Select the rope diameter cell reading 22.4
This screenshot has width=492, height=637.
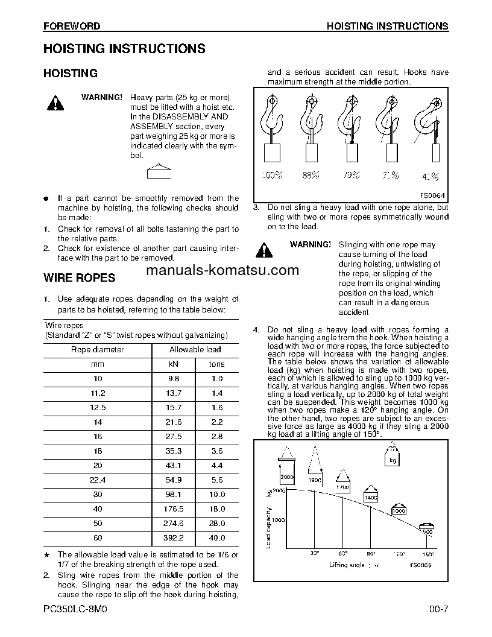[97, 480]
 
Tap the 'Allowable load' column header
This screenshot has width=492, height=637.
[195, 349]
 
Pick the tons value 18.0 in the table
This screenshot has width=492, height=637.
[216, 509]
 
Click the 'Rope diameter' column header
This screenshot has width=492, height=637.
[97, 349]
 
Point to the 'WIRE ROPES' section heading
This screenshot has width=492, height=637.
[79, 278]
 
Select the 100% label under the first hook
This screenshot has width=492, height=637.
[272, 176]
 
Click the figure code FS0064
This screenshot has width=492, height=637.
[432, 195]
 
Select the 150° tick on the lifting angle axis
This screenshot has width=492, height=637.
[427, 553]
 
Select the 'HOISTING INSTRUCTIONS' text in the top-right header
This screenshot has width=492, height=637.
[387, 26]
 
